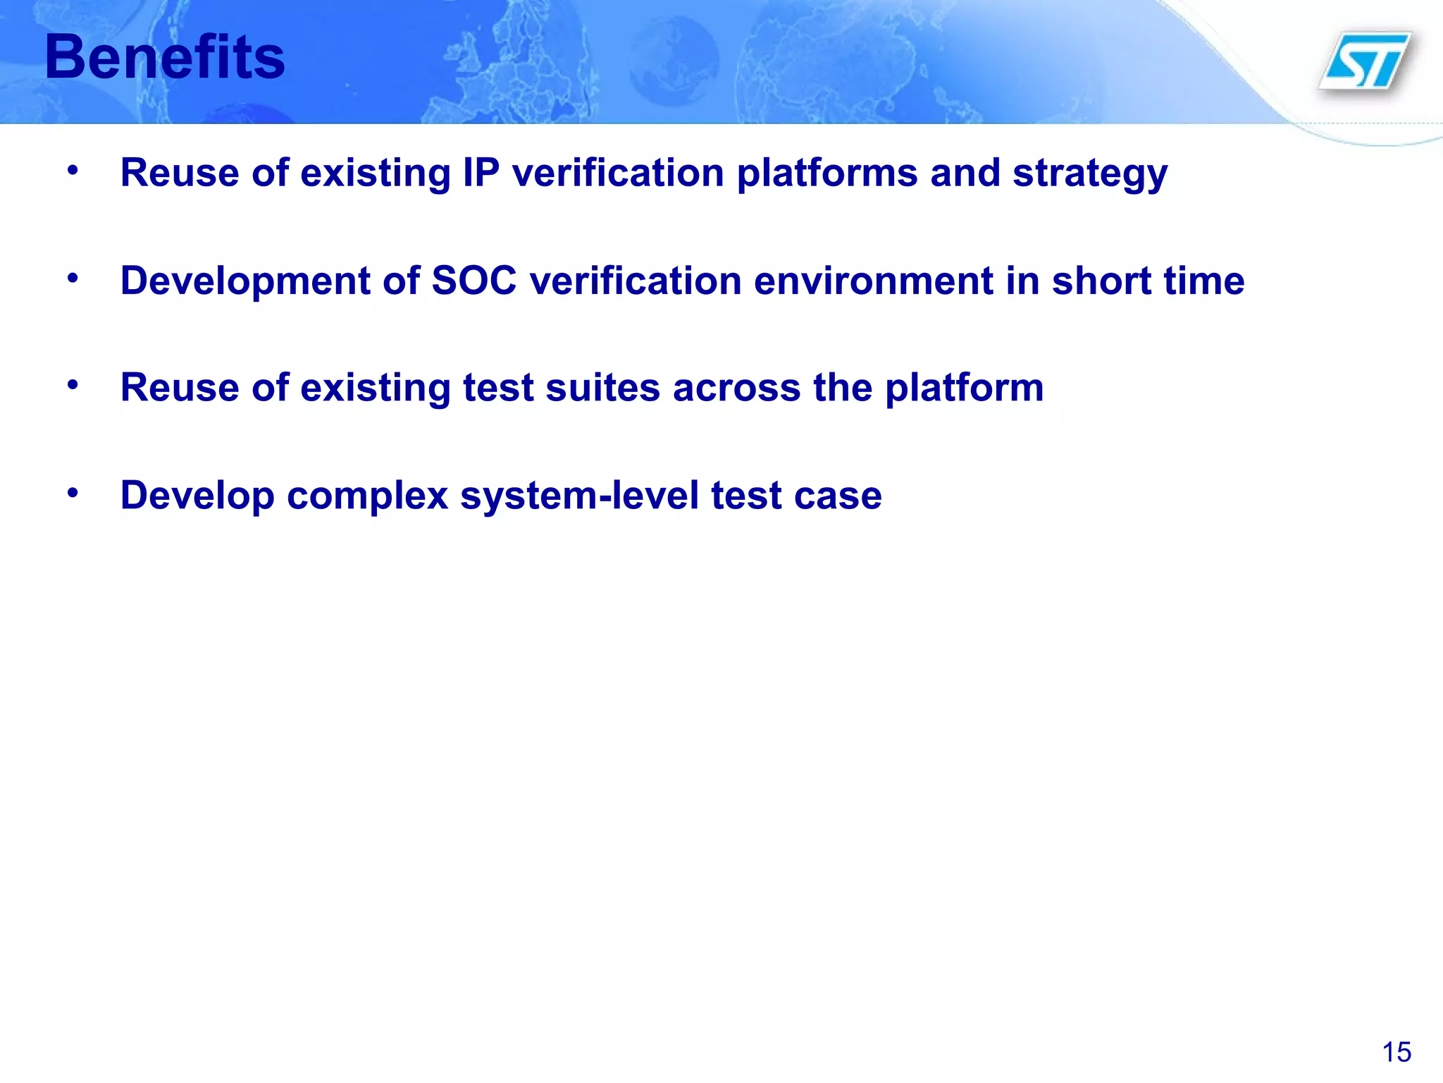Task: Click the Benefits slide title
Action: pos(165,58)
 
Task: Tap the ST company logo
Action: pos(1365,61)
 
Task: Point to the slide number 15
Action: pos(1396,1052)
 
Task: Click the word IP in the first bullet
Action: pos(481,173)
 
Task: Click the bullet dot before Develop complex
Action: pos(73,493)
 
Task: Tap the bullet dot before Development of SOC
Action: pos(73,279)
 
